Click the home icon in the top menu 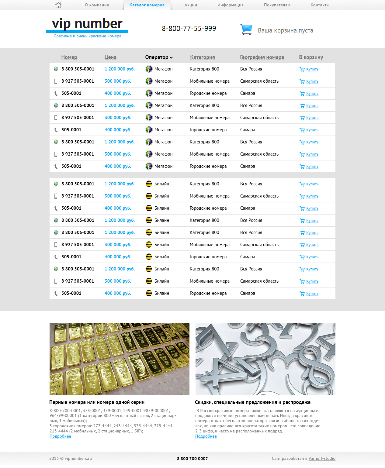pyautogui.click(x=58, y=5)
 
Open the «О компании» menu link pyautogui.click(x=97, y=5)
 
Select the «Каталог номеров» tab pyautogui.click(x=147, y=5)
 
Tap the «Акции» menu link pyautogui.click(x=191, y=5)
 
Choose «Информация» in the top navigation pyautogui.click(x=230, y=5)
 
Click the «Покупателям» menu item pyautogui.click(x=277, y=5)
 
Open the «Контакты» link pyautogui.click(x=320, y=5)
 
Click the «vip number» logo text pyautogui.click(x=87, y=24)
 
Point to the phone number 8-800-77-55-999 pyautogui.click(x=189, y=29)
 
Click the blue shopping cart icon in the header pyautogui.click(x=246, y=29)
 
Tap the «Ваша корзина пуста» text pyautogui.click(x=285, y=30)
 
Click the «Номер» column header pyautogui.click(x=69, y=57)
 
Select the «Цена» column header pyautogui.click(x=110, y=57)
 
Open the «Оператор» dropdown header pyautogui.click(x=159, y=57)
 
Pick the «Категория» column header pyautogui.click(x=202, y=57)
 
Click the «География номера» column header pyautogui.click(x=262, y=57)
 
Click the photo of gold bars pyautogui.click(x=119, y=359)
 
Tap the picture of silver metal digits pyautogui.click(x=265, y=359)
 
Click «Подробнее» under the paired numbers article pyautogui.click(x=60, y=436)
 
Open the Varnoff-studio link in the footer pyautogui.click(x=322, y=458)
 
